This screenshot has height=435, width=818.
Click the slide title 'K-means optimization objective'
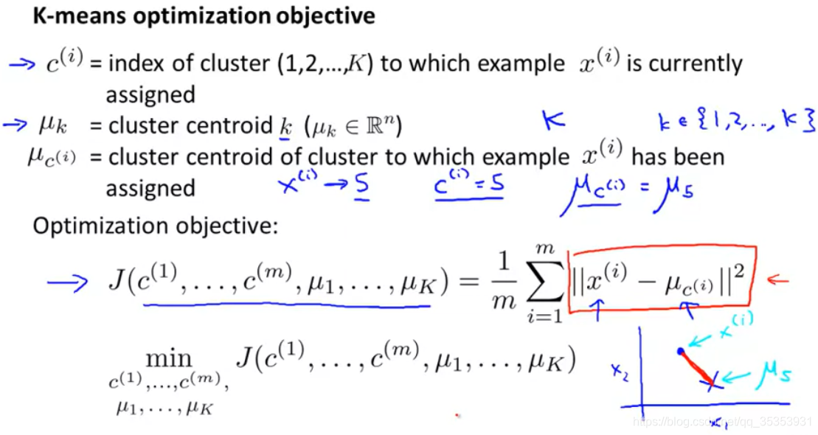[x=204, y=16]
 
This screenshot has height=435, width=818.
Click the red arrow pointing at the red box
[x=778, y=280]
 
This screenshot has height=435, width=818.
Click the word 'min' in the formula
[x=169, y=359]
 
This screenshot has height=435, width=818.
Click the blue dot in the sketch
[x=680, y=352]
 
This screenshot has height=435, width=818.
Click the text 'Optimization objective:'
[x=155, y=225]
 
